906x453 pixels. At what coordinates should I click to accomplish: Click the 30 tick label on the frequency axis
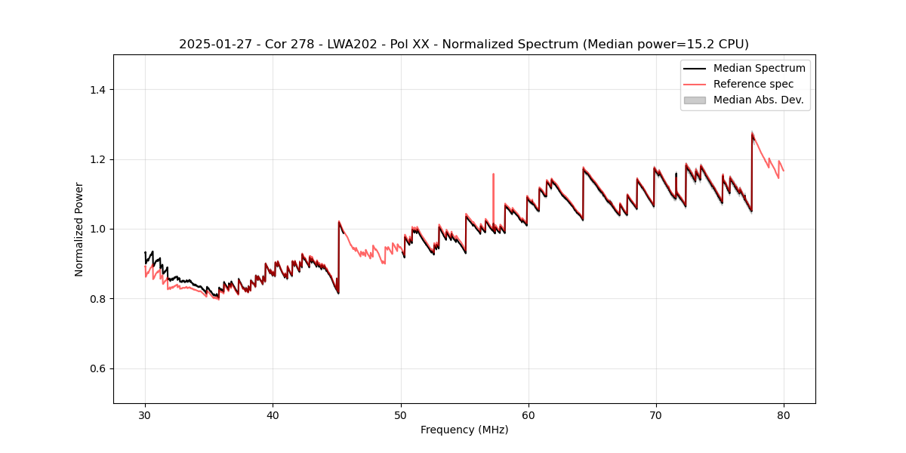click(145, 414)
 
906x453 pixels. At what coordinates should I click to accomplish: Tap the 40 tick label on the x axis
click(273, 414)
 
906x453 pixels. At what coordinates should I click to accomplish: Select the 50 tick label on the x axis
click(400, 414)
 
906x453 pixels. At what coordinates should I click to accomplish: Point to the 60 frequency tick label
click(528, 414)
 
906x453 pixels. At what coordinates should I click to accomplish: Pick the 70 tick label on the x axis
click(656, 414)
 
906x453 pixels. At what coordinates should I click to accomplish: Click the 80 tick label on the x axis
click(784, 414)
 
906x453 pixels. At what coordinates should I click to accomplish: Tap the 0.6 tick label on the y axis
click(97, 368)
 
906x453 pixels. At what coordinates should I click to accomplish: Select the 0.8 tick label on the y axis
click(97, 299)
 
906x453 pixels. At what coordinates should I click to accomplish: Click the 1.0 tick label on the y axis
click(97, 229)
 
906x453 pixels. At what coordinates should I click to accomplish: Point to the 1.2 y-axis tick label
click(97, 159)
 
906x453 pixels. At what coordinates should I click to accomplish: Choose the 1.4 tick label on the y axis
click(97, 90)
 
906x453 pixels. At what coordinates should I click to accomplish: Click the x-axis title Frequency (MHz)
click(464, 430)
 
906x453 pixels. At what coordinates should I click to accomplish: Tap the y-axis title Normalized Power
click(79, 229)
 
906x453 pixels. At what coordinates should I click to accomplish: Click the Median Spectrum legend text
click(759, 68)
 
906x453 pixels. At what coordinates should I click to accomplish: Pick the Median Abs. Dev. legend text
click(758, 100)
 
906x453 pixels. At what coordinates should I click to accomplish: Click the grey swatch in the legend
click(695, 100)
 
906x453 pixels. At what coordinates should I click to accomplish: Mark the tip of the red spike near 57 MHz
click(493, 174)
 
